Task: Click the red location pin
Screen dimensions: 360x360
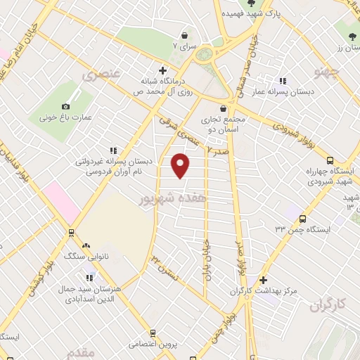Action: pyautogui.click(x=181, y=165)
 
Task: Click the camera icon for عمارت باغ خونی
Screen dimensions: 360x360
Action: pyautogui.click(x=66, y=106)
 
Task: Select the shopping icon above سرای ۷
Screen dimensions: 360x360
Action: pyautogui.click(x=184, y=35)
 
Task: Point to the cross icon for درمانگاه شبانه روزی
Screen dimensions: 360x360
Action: pyautogui.click(x=162, y=70)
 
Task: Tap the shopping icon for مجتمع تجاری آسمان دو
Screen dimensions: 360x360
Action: pyautogui.click(x=224, y=108)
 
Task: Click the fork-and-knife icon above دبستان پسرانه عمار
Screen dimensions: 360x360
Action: pyautogui.click(x=283, y=82)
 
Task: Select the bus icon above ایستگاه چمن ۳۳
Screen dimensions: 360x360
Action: pyautogui.click(x=302, y=219)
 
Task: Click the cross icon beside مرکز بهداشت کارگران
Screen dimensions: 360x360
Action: pyautogui.click(x=263, y=280)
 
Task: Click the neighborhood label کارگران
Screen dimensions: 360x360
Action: pyautogui.click(x=329, y=304)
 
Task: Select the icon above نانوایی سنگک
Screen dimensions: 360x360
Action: pyautogui.click(x=86, y=245)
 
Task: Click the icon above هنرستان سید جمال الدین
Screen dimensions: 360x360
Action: pyautogui.click(x=90, y=276)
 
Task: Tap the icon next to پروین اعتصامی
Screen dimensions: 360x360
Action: pyautogui.click(x=113, y=345)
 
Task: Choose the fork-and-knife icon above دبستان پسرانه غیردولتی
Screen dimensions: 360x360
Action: pyautogui.click(x=113, y=150)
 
